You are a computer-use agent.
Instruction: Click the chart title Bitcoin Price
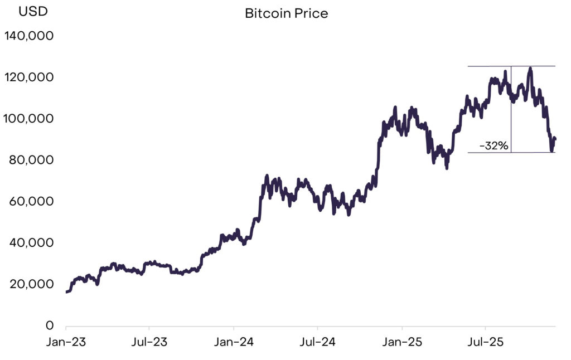click(x=286, y=13)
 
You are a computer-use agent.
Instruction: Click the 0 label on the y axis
click(x=50, y=325)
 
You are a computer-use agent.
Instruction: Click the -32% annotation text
click(x=494, y=146)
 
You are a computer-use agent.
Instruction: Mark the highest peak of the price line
click(x=530, y=69)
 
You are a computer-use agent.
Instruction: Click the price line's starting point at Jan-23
click(x=67, y=291)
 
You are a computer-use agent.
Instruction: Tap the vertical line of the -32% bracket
click(x=511, y=111)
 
